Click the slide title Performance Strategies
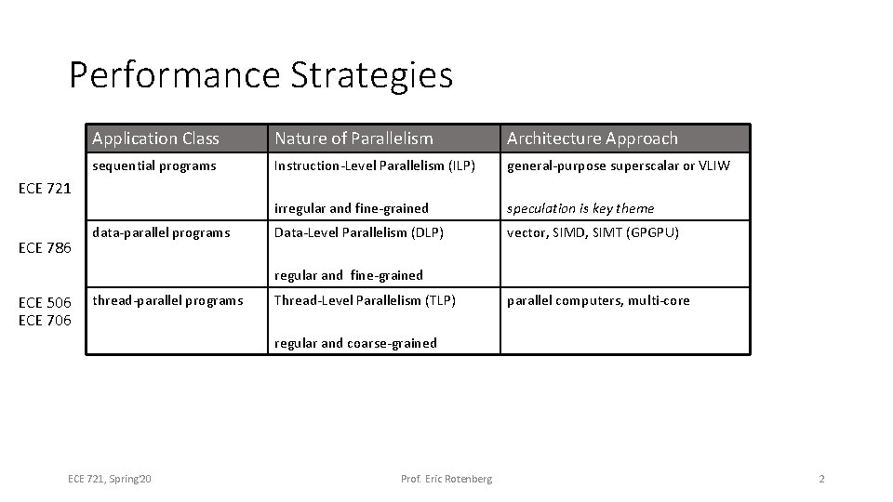point(260,74)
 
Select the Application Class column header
point(155,139)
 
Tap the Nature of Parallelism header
point(353,139)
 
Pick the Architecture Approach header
point(592,139)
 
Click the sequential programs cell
point(154,166)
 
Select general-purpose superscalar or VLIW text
point(618,166)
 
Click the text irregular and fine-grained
point(351,208)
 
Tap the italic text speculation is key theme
point(580,208)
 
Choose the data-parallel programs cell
point(161,232)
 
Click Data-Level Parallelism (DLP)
point(358,232)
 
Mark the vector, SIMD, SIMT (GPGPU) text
point(593,232)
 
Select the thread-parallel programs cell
point(167,300)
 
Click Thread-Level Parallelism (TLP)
point(365,300)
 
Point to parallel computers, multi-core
point(598,300)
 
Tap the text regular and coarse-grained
point(354,343)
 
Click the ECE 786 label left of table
point(46,247)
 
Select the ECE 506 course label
point(46,303)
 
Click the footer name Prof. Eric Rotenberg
point(446,479)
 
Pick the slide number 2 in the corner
point(821,479)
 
